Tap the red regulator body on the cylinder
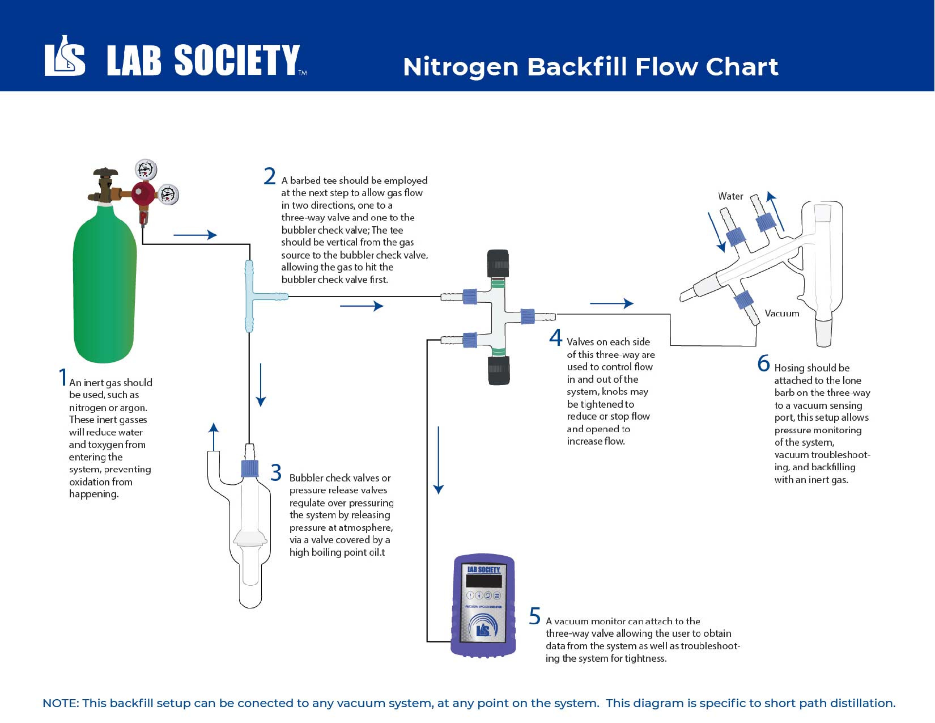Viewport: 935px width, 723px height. [143, 194]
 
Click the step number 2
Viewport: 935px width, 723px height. [270, 176]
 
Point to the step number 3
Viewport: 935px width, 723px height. [276, 472]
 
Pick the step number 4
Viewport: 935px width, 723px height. [555, 338]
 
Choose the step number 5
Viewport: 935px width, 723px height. [534, 616]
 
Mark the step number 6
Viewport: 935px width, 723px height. [763, 363]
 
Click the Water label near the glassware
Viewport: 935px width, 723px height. [730, 196]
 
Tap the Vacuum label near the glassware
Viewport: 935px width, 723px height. [781, 313]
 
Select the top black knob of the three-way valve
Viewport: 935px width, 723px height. [498, 263]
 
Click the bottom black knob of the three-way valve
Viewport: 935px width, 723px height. [499, 370]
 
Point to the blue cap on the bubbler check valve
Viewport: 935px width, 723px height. [250, 468]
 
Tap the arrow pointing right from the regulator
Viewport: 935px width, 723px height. [195, 235]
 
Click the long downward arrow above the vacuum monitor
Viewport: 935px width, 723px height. [439, 459]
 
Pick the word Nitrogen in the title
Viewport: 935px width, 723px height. [460, 67]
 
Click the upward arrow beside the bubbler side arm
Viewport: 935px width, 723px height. [214, 436]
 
